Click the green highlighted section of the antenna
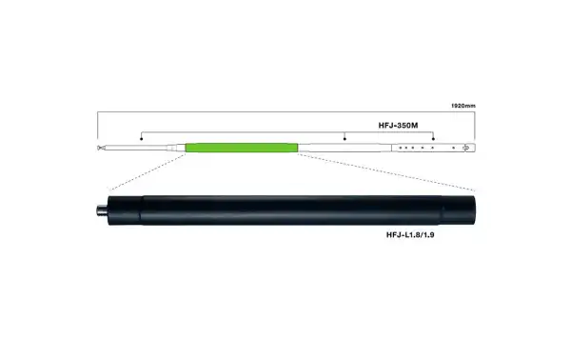pyautogui.click(x=242, y=148)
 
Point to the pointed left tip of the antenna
pyautogui.click(x=99, y=148)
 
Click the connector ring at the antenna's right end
pyautogui.click(x=465, y=148)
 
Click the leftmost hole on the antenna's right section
pyautogui.click(x=403, y=148)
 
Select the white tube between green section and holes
pyautogui.click(x=343, y=148)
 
